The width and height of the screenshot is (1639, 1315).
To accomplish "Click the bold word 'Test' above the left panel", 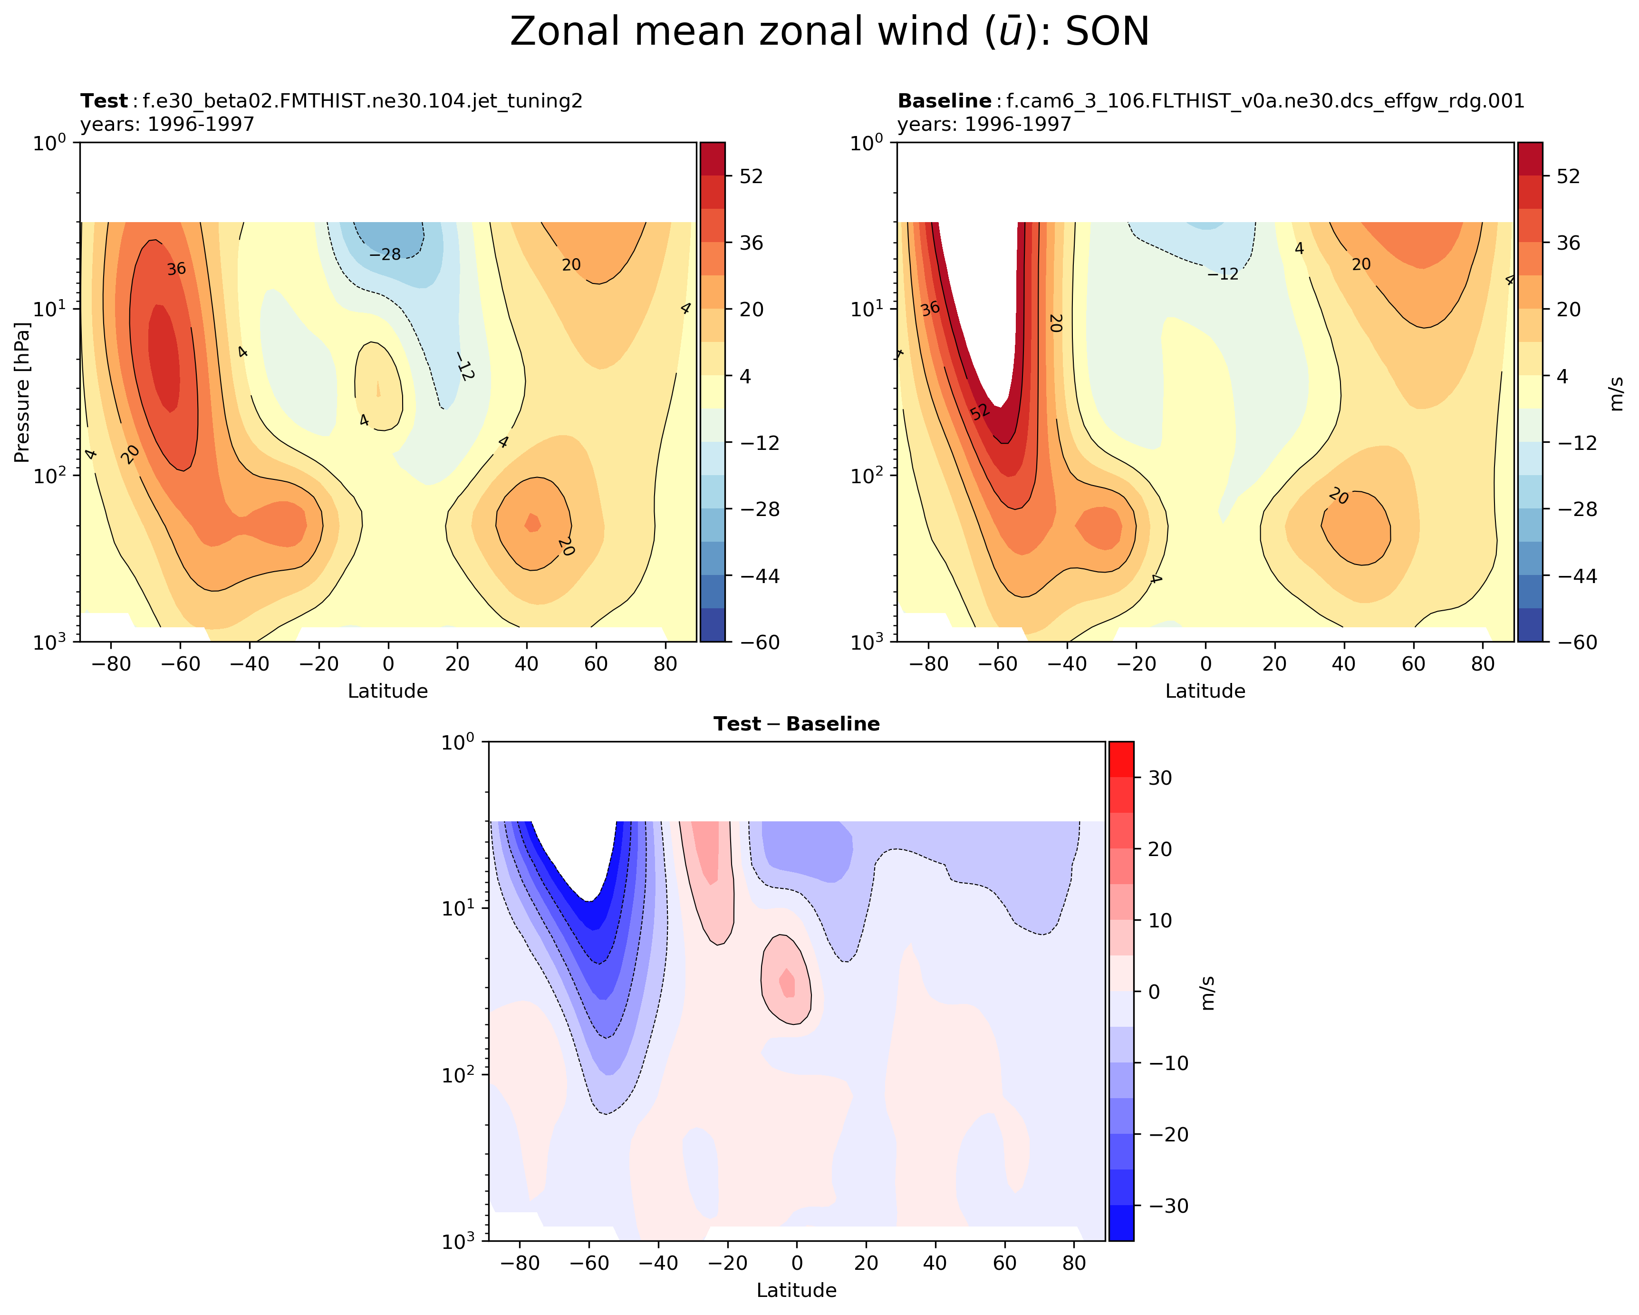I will click(104, 101).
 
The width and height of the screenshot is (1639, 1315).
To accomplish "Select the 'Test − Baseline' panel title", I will click(796, 724).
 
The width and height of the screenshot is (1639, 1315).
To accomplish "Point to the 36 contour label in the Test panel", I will click(176, 269).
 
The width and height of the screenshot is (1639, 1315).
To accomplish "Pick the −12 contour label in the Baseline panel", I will click(1223, 274).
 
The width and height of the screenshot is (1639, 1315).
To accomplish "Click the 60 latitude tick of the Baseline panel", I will click(1413, 664).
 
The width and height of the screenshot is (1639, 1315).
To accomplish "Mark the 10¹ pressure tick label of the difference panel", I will click(461, 908).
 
